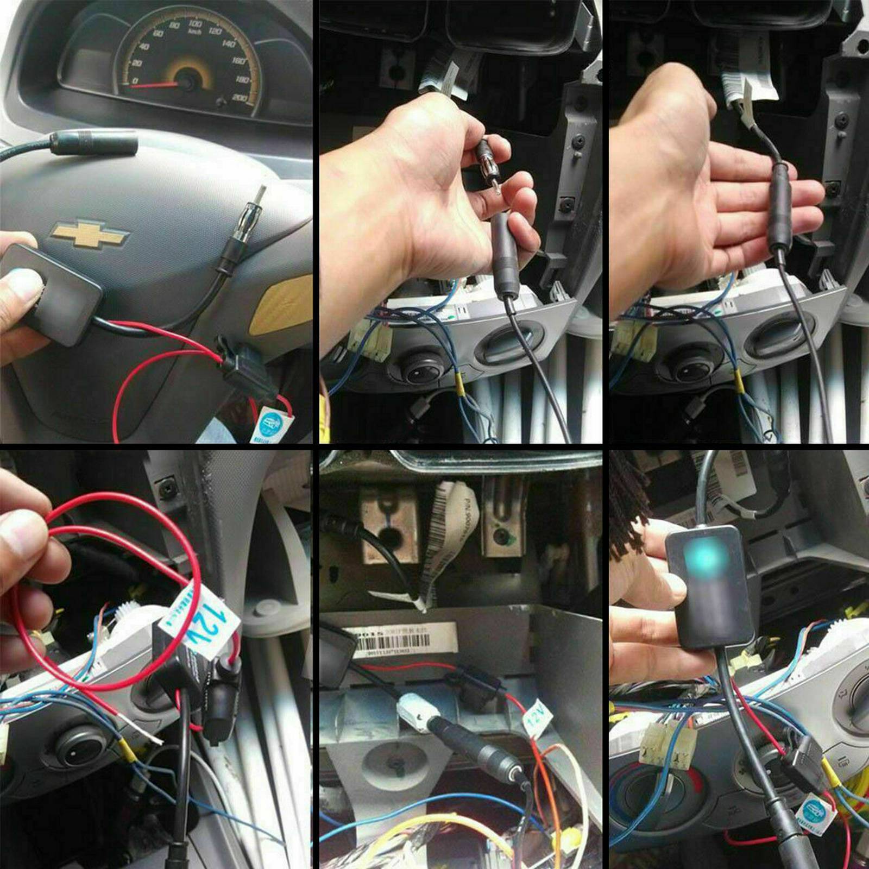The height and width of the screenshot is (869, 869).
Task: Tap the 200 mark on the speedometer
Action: point(240,98)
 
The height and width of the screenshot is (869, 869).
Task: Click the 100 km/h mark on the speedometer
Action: point(194,24)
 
